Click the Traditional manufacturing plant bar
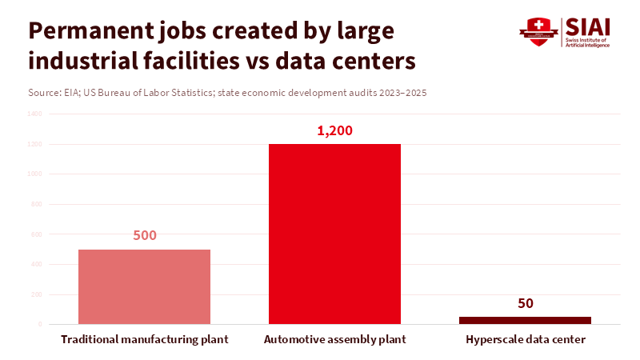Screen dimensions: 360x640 pos(144,286)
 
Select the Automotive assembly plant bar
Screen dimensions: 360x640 pos(334,234)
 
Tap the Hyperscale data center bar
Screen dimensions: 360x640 pos(525,320)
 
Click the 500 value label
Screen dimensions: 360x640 pos(144,236)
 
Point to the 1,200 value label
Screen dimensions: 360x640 pos(334,131)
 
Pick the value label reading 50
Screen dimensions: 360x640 pos(525,303)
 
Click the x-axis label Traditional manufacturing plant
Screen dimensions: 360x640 pos(145,340)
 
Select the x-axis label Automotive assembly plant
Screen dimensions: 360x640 pos(335,340)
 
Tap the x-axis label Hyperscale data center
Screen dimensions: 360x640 pos(526,340)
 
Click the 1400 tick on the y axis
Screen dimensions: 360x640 pos(35,114)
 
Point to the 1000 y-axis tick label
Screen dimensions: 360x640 pos(35,174)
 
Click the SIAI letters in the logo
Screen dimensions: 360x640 pos(587,26)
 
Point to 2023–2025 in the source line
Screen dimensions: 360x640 pos(403,93)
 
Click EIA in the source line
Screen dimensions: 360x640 pos(73,93)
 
